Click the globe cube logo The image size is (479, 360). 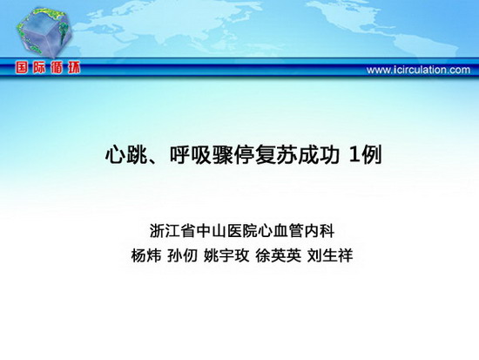tap(44, 32)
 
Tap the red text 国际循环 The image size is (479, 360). tap(48, 68)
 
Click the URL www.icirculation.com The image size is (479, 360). tap(418, 70)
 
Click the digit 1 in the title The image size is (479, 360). tap(354, 155)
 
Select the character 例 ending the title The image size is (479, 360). tap(372, 155)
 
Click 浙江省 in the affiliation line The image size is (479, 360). tap(172, 231)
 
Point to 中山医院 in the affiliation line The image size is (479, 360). tap(227, 231)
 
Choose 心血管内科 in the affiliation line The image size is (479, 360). tap(296, 231)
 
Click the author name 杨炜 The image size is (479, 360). tap(146, 255)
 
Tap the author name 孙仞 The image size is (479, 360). tap(182, 255)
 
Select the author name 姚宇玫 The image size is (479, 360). tap(226, 255)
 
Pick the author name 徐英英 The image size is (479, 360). tap(279, 255)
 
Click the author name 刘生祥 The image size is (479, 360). tap(330, 255)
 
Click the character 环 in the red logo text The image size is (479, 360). tap(73, 68)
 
